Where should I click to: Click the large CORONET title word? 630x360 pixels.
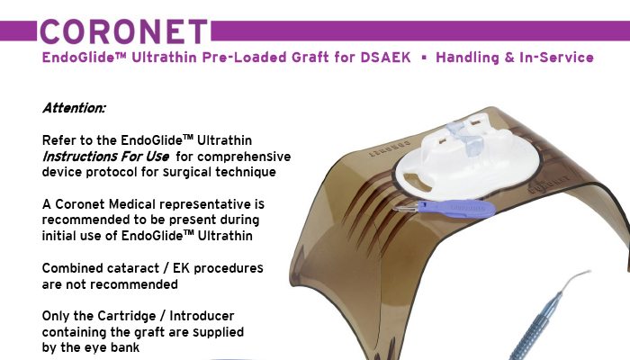tap(124, 31)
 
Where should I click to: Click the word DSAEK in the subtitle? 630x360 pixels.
tap(385, 58)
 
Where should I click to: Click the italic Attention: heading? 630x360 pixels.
tap(74, 108)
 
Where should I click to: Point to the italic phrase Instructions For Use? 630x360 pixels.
tap(105, 156)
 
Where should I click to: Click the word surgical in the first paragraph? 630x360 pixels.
tap(187, 173)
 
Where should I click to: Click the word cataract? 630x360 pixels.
tap(130, 268)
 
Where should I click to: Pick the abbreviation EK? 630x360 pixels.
tap(181, 268)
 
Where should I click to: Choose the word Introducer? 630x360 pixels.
tap(202, 316)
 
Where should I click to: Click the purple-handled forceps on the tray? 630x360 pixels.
tap(446, 209)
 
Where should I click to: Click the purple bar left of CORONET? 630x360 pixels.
tap(18, 31)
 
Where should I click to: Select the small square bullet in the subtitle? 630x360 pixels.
tap(424, 58)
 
